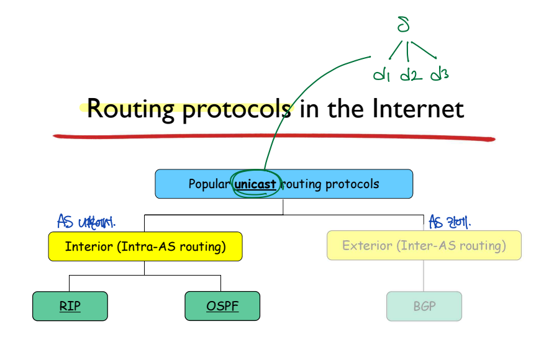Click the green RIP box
70,306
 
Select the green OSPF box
222,306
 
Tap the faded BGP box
424,306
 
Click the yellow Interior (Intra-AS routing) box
145,246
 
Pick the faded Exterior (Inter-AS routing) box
424,246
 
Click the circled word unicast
255,184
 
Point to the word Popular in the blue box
209,184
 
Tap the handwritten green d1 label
381,75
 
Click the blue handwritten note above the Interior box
86,221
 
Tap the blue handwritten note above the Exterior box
449,221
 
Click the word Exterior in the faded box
367,246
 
